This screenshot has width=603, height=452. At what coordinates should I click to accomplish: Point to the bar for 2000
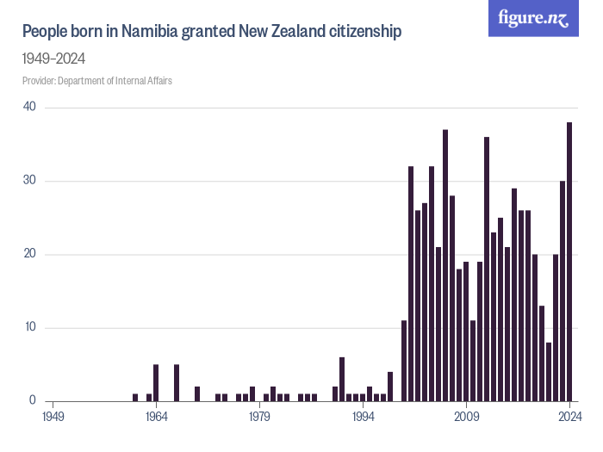point(404,361)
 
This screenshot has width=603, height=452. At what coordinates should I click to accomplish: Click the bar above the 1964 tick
point(156,383)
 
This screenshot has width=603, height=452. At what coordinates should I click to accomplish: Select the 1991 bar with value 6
point(342,379)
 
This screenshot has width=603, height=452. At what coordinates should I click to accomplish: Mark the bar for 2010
point(473,361)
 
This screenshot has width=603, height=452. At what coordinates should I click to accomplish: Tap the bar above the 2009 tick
point(466,331)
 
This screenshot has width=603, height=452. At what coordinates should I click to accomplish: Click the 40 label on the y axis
point(29,107)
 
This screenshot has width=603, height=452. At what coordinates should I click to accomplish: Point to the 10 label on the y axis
point(29,327)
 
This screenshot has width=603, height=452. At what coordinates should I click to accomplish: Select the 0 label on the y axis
point(32,401)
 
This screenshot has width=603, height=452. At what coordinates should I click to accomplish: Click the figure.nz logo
point(533,18)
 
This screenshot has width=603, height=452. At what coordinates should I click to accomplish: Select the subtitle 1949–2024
point(53,59)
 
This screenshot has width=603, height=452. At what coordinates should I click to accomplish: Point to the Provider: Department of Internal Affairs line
point(103,81)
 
